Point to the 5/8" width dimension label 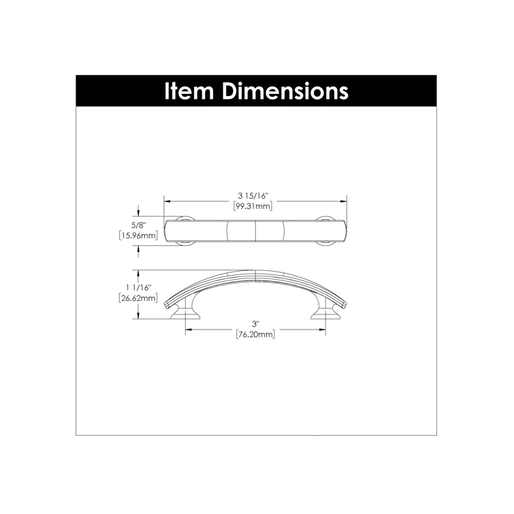pyautogui.click(x=138, y=224)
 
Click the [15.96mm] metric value pyautogui.click(x=138, y=236)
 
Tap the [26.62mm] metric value pyautogui.click(x=138, y=298)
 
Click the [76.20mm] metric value pyautogui.click(x=255, y=334)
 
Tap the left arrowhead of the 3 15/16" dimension pyautogui.click(x=167, y=202)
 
